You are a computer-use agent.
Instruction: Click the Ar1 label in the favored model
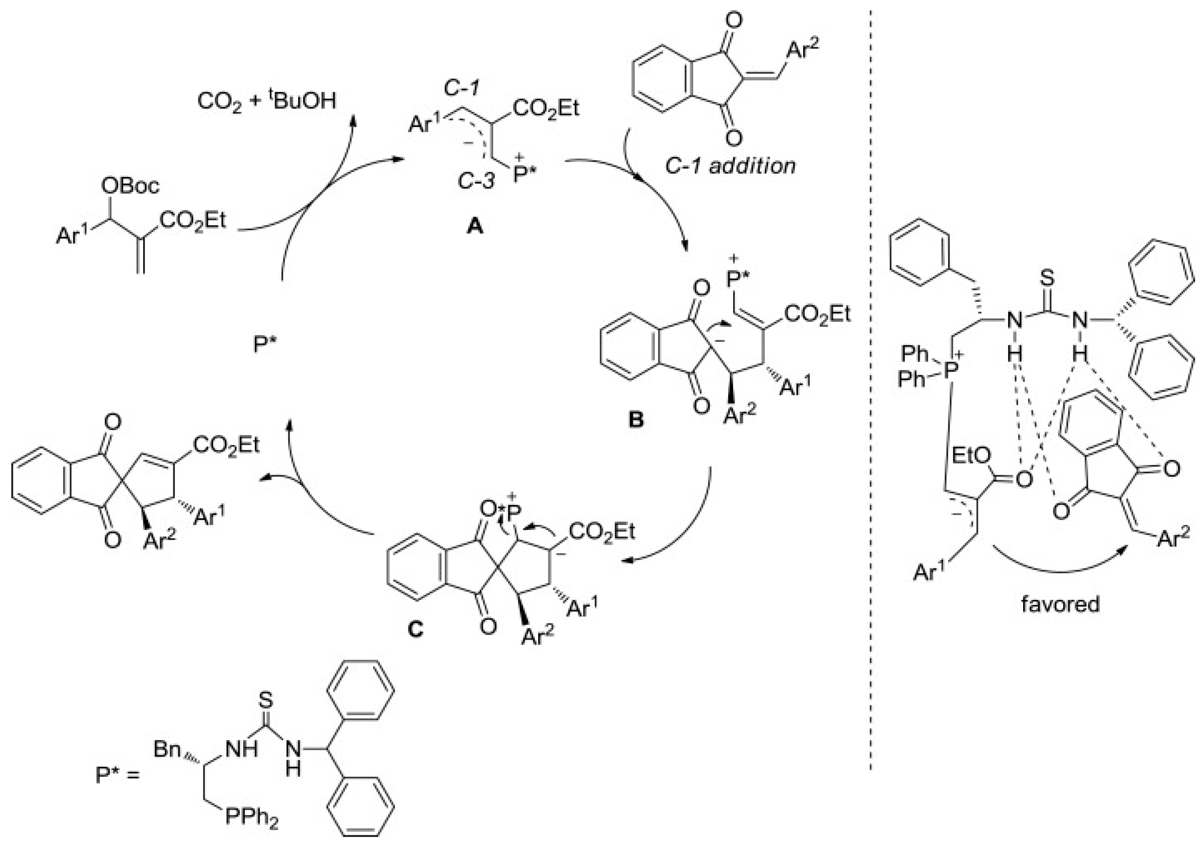click(931, 571)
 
